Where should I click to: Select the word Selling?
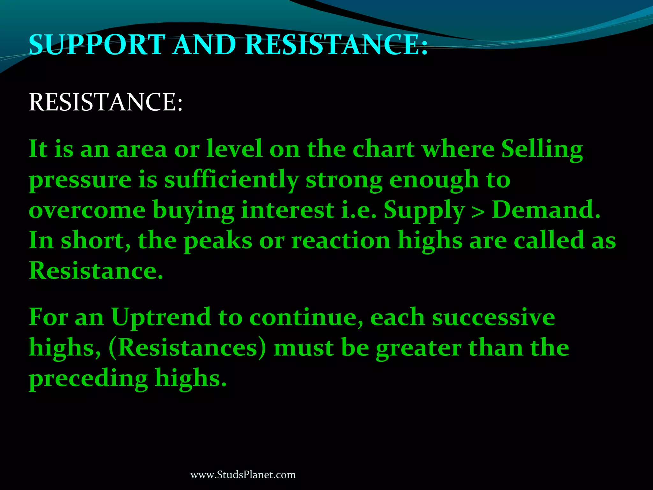click(x=542, y=150)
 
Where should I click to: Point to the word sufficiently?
click(x=231, y=180)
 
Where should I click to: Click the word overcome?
click(x=87, y=211)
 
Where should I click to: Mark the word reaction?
click(x=341, y=241)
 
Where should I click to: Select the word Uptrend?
click(x=161, y=318)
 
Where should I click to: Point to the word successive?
click(x=494, y=318)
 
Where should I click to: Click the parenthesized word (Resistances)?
click(x=187, y=348)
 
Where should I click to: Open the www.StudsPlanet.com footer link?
click(x=243, y=475)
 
